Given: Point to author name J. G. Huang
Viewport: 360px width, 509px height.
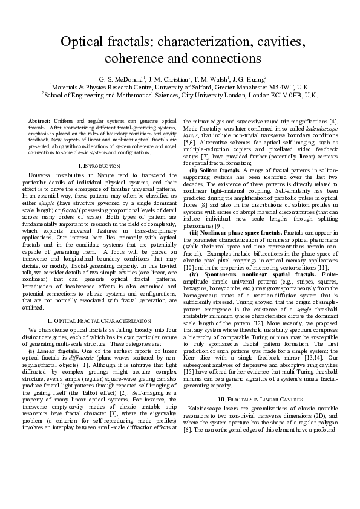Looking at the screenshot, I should [250, 79].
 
